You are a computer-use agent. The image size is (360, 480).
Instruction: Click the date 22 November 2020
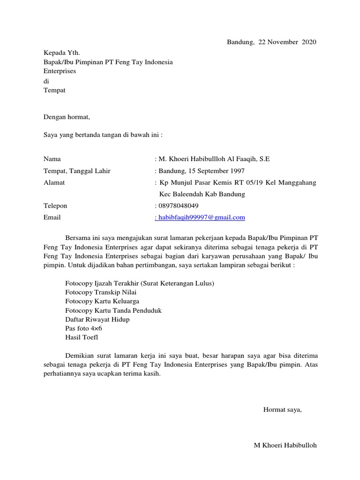(287, 42)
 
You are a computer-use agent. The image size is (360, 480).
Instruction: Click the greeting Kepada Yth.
(58, 53)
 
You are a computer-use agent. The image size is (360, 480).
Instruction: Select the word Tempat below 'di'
(54, 90)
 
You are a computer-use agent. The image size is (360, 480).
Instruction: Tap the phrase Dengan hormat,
(66, 117)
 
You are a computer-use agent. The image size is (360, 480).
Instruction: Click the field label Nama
(52, 159)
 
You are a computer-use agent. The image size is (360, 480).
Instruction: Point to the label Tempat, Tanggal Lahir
(77, 171)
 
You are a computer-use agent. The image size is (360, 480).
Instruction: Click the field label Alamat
(54, 183)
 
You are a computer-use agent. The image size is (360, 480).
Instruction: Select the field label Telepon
(55, 206)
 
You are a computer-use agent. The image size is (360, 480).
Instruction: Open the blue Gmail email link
(200, 217)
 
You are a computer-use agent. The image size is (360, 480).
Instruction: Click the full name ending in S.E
(214, 159)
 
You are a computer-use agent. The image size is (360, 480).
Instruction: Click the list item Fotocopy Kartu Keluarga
(102, 301)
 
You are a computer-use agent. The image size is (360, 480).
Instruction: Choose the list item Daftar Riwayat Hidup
(97, 319)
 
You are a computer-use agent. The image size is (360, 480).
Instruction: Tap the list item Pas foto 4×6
(84, 328)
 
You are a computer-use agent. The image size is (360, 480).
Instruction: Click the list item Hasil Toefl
(82, 337)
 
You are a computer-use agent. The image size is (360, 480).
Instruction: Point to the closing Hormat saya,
(283, 410)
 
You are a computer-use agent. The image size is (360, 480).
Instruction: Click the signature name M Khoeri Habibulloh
(285, 445)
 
